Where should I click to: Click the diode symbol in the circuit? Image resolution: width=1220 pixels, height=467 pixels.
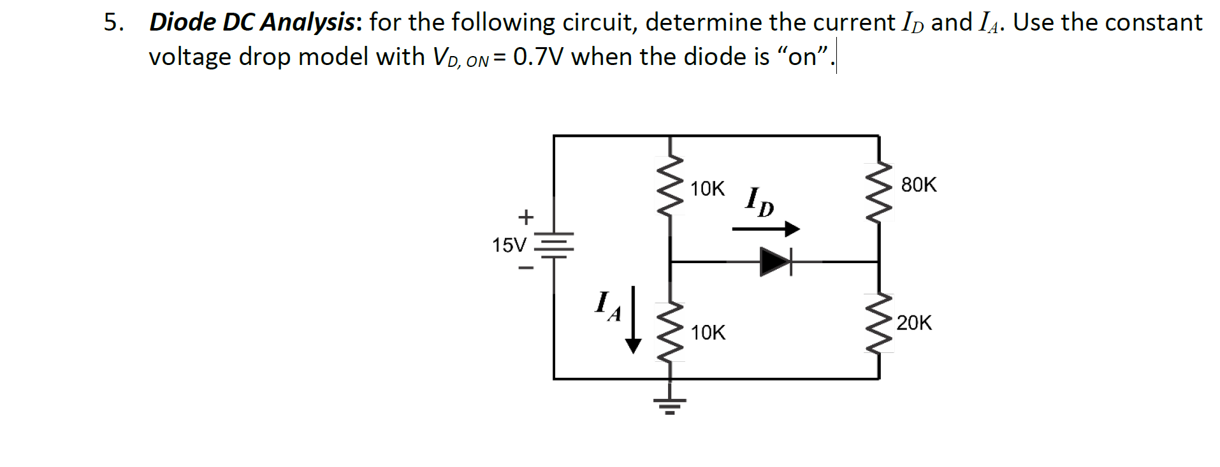pyautogui.click(x=774, y=261)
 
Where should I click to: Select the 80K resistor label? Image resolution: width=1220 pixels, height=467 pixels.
pyautogui.click(x=919, y=185)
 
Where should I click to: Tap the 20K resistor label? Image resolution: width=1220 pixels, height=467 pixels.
pyautogui.click(x=914, y=323)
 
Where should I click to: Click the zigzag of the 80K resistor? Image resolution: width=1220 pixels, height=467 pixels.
pyautogui.click(x=880, y=191)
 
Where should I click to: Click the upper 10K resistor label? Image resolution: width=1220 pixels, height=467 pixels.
pyautogui.click(x=708, y=189)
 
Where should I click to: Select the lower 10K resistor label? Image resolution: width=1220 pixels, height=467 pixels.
pyautogui.click(x=708, y=333)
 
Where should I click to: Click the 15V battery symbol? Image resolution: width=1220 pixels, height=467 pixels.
pyautogui.click(x=554, y=245)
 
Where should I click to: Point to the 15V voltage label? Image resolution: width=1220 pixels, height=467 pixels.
pyautogui.click(x=509, y=245)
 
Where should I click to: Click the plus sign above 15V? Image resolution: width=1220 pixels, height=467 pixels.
pyautogui.click(x=525, y=217)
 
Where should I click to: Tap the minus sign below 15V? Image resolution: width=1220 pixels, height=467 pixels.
pyautogui.click(x=525, y=268)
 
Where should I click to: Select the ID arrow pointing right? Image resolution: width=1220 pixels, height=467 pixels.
pyautogui.click(x=765, y=229)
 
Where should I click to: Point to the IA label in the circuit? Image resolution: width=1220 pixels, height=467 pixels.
pyautogui.click(x=161, y=306)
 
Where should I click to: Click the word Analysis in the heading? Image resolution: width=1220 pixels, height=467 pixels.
pyautogui.click(x=309, y=22)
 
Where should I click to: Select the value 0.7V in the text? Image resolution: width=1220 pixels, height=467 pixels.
pyautogui.click(x=540, y=57)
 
